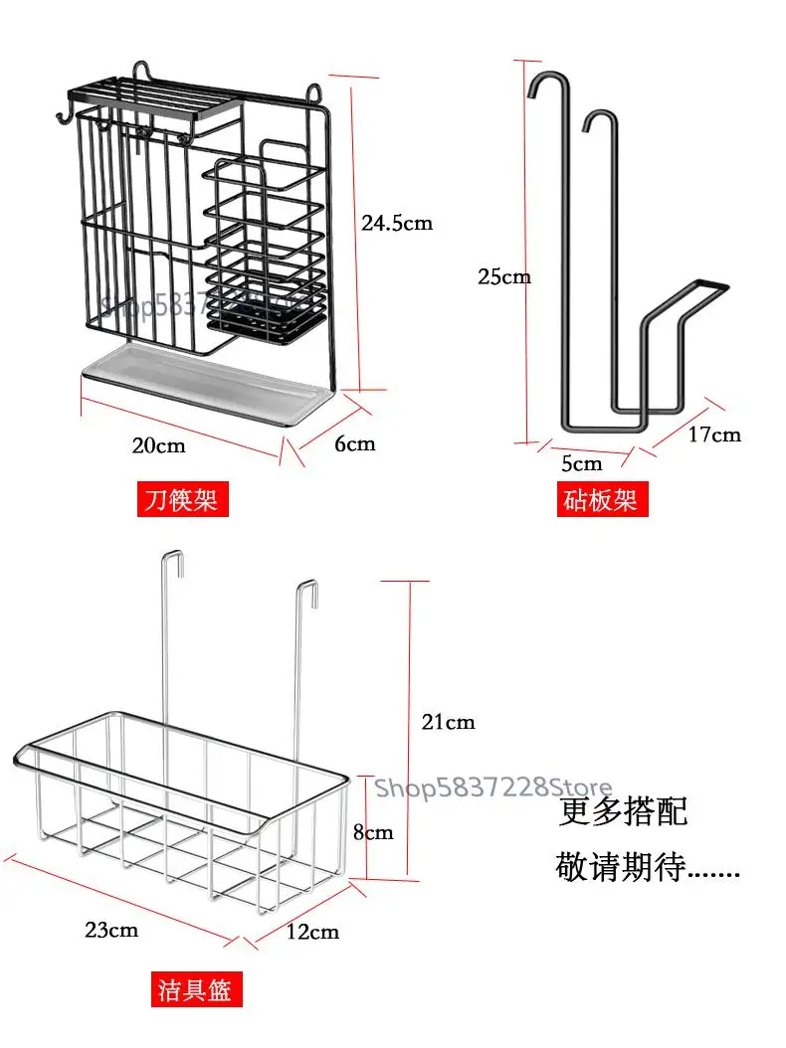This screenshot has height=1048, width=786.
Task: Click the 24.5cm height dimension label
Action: tap(396, 223)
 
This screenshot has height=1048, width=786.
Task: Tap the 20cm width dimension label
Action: tap(159, 444)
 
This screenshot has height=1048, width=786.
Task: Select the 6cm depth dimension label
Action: tap(354, 443)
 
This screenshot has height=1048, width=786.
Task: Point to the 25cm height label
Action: tap(503, 276)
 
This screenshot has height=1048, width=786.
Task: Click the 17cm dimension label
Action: tap(713, 434)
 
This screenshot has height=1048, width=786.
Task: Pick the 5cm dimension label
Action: tap(581, 463)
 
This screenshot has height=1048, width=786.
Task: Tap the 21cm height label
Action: tap(448, 722)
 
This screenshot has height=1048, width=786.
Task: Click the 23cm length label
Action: tap(110, 930)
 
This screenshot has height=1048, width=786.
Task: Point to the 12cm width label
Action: tap(311, 932)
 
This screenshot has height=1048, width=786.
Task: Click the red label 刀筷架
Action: tap(180, 498)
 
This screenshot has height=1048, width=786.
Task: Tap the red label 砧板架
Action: tap(600, 498)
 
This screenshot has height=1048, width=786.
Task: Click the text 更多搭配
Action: tap(623, 811)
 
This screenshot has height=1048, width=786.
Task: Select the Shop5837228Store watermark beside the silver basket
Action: tap(492, 788)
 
